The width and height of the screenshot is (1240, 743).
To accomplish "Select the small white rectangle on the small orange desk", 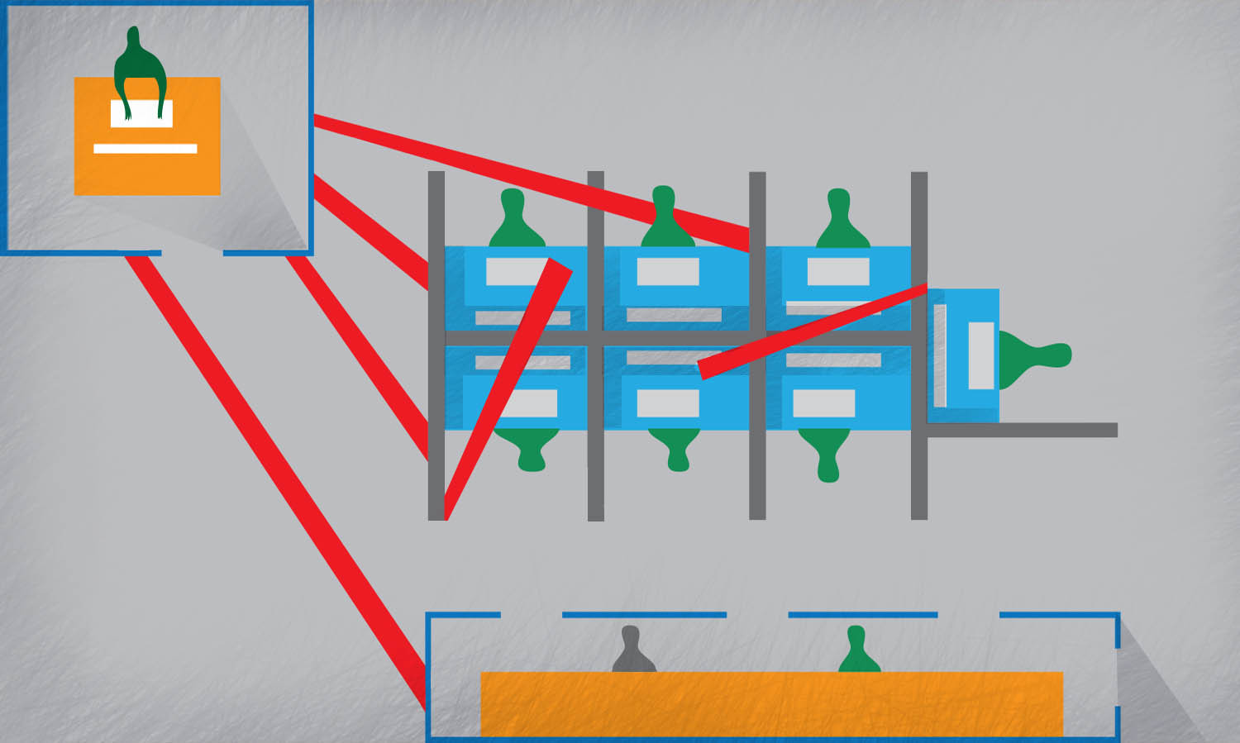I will (142, 114).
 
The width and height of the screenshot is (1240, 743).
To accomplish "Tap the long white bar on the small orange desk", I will (145, 149).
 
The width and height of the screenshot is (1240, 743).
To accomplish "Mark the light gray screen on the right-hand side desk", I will (981, 355).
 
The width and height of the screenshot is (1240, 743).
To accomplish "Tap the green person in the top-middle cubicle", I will (666, 219).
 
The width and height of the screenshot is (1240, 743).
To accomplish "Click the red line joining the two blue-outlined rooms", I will (277, 479).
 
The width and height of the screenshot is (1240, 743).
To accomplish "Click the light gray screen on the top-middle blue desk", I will (668, 271).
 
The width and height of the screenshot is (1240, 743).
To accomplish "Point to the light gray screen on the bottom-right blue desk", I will (823, 402).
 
